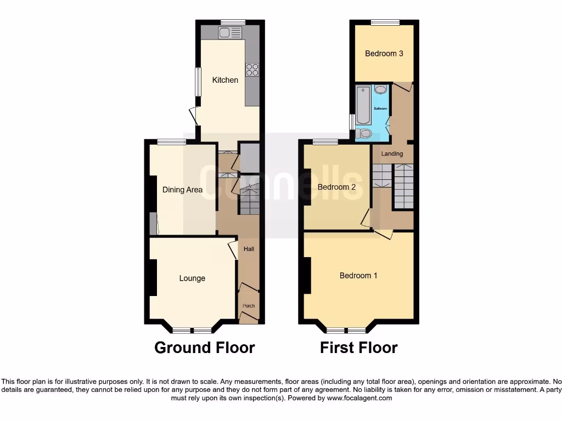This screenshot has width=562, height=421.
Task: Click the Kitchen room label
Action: coord(225,80)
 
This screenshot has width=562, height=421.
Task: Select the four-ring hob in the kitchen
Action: coord(252,70)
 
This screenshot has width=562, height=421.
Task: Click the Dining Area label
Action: coord(182,190)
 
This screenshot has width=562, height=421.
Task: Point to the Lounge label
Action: coord(192,278)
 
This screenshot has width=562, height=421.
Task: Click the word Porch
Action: coord(249,306)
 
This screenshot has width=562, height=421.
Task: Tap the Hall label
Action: coord(249,249)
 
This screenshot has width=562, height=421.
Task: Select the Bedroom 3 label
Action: coord(384,53)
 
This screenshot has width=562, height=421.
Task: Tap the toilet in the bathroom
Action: coord(364,133)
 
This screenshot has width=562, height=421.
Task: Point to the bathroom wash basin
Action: coord(381,89)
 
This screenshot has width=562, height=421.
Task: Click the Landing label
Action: coord(392,153)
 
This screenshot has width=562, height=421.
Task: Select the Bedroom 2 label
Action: coord(336,187)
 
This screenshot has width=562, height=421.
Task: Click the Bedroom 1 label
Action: coord(358,275)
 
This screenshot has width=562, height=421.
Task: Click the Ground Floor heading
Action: coord(204,348)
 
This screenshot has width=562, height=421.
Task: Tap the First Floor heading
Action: coord(359,348)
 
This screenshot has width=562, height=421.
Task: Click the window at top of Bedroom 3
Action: coord(384,22)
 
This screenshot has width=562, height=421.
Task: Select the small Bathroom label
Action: coord(380,109)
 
